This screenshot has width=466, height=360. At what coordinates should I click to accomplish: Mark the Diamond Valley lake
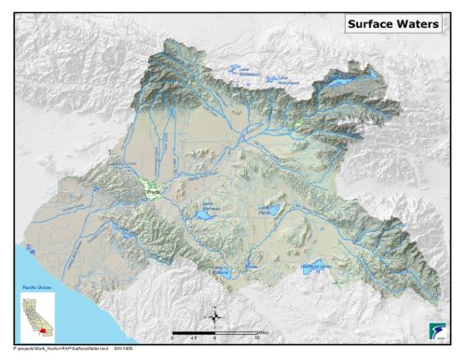[317, 266]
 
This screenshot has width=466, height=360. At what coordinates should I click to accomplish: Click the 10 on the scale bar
[257, 339]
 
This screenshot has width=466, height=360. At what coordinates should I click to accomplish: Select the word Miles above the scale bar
[263, 328]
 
